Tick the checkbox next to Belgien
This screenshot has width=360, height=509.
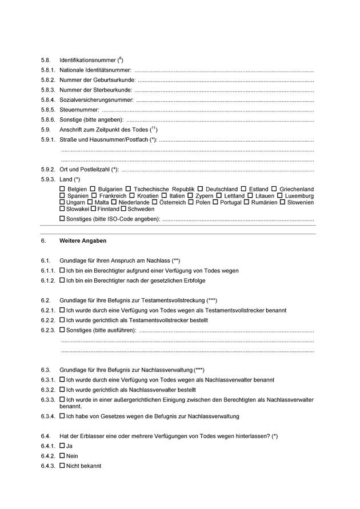(x=62, y=189)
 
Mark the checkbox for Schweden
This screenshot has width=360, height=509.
(x=123, y=209)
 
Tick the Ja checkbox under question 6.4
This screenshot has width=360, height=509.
(x=62, y=446)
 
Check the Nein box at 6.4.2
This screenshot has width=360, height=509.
(x=62, y=456)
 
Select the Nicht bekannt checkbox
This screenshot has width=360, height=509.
(x=62, y=466)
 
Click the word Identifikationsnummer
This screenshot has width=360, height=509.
(x=88, y=60)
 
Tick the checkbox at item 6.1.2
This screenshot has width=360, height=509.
(x=62, y=280)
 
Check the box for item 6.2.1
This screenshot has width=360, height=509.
(x=62, y=310)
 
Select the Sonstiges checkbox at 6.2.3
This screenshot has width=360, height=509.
(x=62, y=330)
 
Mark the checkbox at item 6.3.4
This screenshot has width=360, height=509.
(x=62, y=416)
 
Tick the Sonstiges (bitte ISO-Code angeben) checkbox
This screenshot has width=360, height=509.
(x=62, y=219)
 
